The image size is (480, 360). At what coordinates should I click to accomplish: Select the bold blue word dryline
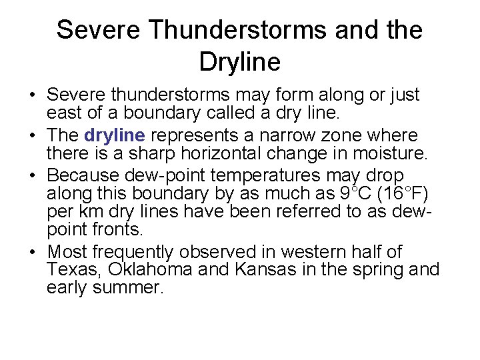coord(115,135)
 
